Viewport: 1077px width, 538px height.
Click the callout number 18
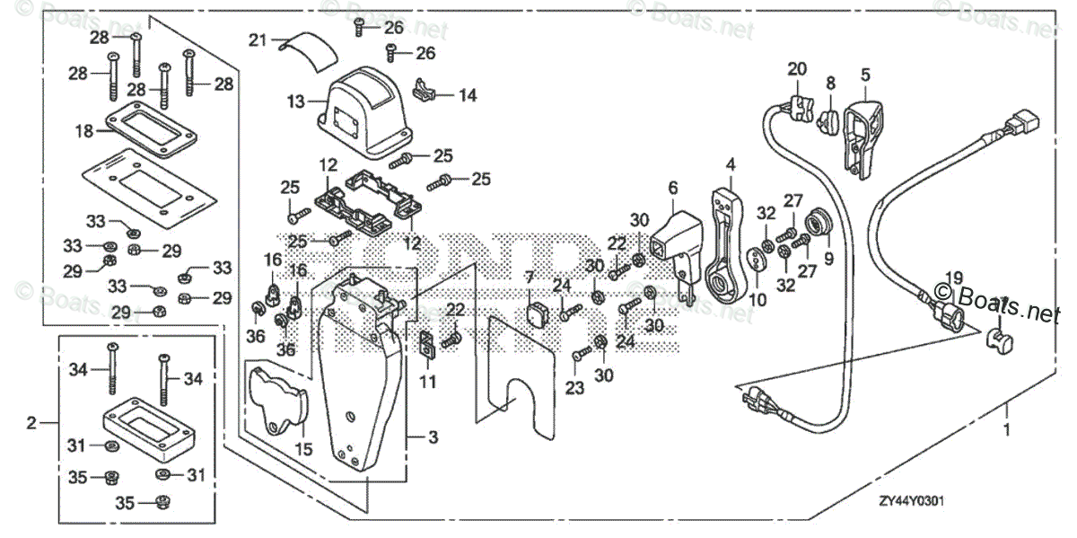(83, 131)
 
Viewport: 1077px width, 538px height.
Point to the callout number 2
(31, 422)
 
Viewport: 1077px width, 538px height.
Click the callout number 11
(428, 383)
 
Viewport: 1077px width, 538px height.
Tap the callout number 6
(672, 187)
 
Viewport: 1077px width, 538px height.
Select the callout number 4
(731, 164)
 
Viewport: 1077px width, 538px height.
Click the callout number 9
(827, 256)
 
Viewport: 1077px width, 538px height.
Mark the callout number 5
(865, 75)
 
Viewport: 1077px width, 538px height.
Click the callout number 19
(952, 278)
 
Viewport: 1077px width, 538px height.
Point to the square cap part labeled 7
(539, 314)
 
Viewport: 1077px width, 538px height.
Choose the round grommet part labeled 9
(818, 221)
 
